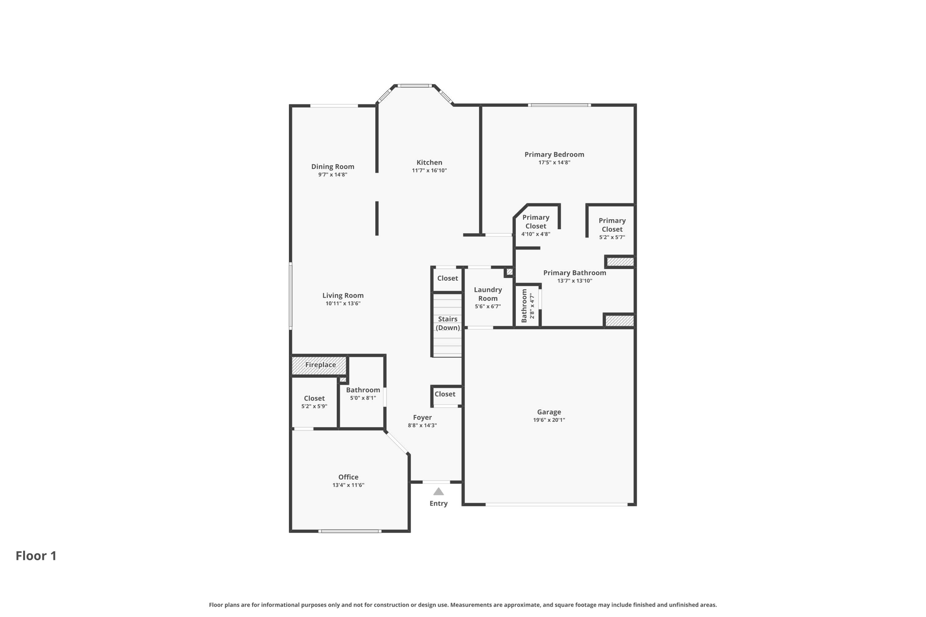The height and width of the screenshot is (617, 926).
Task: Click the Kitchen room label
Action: click(429, 163)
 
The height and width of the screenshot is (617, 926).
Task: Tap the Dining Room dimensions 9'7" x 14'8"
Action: click(333, 174)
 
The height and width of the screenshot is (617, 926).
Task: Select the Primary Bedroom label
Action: click(554, 155)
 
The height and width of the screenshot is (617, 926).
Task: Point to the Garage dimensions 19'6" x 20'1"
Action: click(549, 420)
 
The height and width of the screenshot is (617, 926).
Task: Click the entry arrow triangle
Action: click(439, 492)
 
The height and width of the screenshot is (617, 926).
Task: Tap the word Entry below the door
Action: click(439, 504)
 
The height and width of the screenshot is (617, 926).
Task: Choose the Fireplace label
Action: click(321, 365)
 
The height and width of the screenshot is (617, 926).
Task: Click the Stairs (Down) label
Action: click(448, 324)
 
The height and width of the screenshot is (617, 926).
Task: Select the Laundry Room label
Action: click(488, 294)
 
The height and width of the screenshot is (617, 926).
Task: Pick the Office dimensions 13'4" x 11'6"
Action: click(348, 485)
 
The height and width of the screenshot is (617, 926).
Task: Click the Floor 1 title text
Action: click(36, 556)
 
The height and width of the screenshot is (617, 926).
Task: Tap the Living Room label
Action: click(343, 296)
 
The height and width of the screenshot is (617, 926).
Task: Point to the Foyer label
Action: click(422, 418)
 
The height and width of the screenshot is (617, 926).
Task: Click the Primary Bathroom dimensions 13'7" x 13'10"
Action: click(575, 281)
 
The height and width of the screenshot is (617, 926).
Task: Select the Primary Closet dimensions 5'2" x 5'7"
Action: click(612, 237)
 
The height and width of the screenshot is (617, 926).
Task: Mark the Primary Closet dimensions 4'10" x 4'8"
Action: click(536, 234)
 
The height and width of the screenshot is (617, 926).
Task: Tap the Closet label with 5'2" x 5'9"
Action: click(314, 399)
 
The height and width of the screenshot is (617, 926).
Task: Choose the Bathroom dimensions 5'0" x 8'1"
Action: click(363, 398)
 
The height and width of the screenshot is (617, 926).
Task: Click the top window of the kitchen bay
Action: click(415, 85)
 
